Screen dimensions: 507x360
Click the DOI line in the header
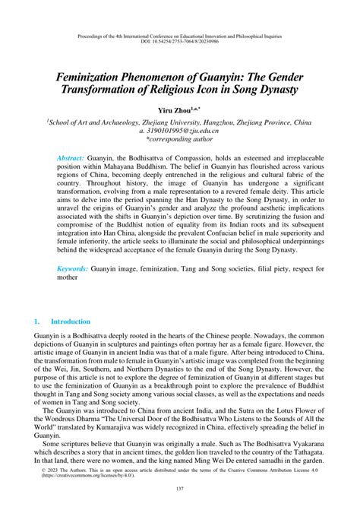[x=180, y=42]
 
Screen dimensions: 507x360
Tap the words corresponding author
[x=182, y=141]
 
